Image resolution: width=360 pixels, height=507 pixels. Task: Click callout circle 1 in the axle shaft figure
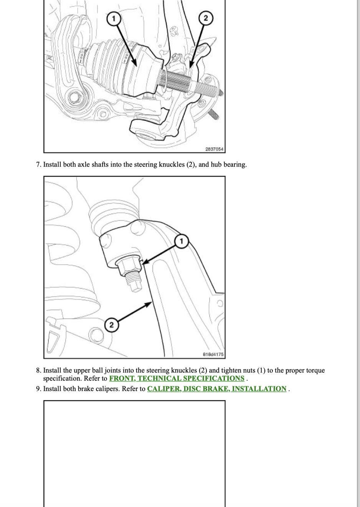[x=113, y=18]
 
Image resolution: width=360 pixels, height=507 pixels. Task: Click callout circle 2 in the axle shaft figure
[x=206, y=18]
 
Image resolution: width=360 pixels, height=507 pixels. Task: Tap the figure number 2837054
[x=215, y=149]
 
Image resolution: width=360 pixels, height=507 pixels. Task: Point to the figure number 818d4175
[x=213, y=355]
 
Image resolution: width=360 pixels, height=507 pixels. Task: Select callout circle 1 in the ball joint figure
[x=182, y=241]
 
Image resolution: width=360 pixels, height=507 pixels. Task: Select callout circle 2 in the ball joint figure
[x=111, y=325]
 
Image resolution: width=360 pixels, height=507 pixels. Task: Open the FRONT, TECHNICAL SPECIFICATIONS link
[x=177, y=378]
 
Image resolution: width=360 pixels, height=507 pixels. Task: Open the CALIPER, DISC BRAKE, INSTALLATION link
[x=216, y=389]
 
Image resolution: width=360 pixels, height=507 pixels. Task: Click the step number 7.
[x=38, y=165]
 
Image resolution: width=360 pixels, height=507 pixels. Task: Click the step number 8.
[x=38, y=371]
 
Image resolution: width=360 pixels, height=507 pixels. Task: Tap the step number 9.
[x=38, y=389]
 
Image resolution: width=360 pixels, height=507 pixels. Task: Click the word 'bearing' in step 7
[x=234, y=165]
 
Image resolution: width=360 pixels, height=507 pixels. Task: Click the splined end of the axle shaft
[x=179, y=81]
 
